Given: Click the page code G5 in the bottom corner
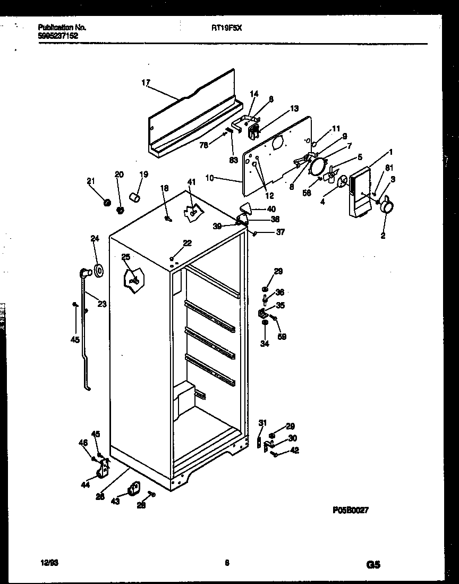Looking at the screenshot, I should (373, 565).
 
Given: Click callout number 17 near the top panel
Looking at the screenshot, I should (146, 82).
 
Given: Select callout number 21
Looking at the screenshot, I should (91, 181).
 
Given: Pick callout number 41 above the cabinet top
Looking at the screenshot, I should (191, 182).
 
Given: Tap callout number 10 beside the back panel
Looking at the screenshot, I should (209, 178).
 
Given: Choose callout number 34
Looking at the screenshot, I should (265, 344).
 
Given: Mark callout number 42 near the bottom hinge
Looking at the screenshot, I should (295, 450).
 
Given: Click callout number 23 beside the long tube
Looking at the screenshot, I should (101, 304).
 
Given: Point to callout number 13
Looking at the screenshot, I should (294, 109).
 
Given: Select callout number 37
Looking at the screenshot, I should (280, 231).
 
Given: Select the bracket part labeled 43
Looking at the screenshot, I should (133, 488).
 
